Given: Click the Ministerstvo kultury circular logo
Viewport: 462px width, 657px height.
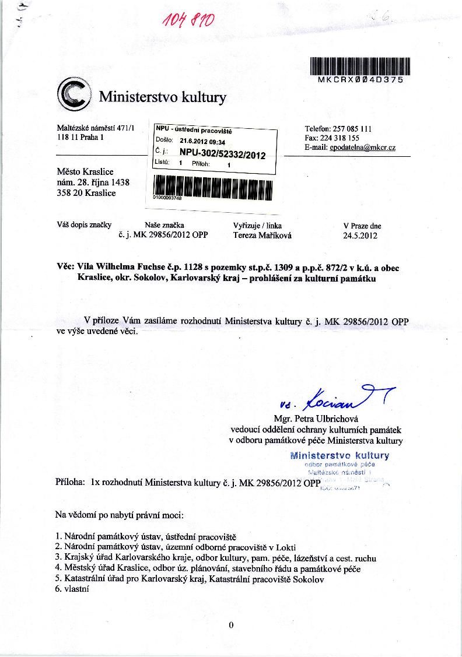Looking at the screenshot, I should point(74,95).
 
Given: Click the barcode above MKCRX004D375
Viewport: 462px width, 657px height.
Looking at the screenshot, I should point(360,66).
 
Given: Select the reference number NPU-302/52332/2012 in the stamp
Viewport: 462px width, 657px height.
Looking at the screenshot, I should point(223,155).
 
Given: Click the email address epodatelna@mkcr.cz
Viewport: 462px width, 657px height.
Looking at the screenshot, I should point(362,148).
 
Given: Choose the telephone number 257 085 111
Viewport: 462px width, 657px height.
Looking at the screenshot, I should point(352,129).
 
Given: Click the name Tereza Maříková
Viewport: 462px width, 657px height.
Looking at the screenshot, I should point(262,236).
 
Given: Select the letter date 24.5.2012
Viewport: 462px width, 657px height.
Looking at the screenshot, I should point(360,236).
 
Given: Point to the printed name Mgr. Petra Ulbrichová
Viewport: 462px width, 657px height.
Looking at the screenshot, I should point(320,419).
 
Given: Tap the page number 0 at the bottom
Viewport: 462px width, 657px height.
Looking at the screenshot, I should point(231,626).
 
